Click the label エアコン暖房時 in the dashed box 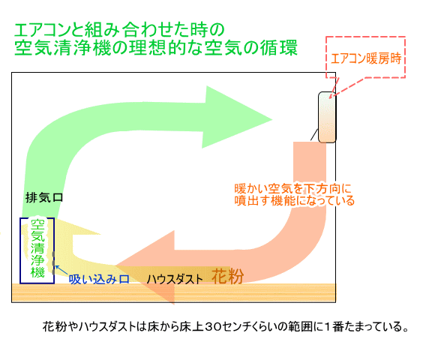pyautogui.click(x=366, y=58)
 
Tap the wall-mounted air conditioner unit pyautogui.click(x=327, y=117)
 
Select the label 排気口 pyautogui.click(x=44, y=197)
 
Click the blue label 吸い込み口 pyautogui.click(x=99, y=279)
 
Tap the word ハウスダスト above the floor pyautogui.click(x=175, y=279)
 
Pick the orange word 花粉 pyautogui.click(x=228, y=277)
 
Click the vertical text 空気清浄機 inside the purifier pyautogui.click(x=37, y=248)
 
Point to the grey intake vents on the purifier pyautogui.click(x=53, y=263)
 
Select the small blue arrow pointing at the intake pyautogui.click(x=61, y=270)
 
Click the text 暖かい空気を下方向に pyautogui.click(x=293, y=188)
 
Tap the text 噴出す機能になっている pyautogui.click(x=295, y=200)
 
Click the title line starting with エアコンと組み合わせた pyautogui.click(x=119, y=30)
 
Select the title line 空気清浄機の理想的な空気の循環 pyautogui.click(x=156, y=48)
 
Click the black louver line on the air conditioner pyautogui.click(x=314, y=134)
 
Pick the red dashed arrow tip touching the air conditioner pyautogui.click(x=330, y=97)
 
